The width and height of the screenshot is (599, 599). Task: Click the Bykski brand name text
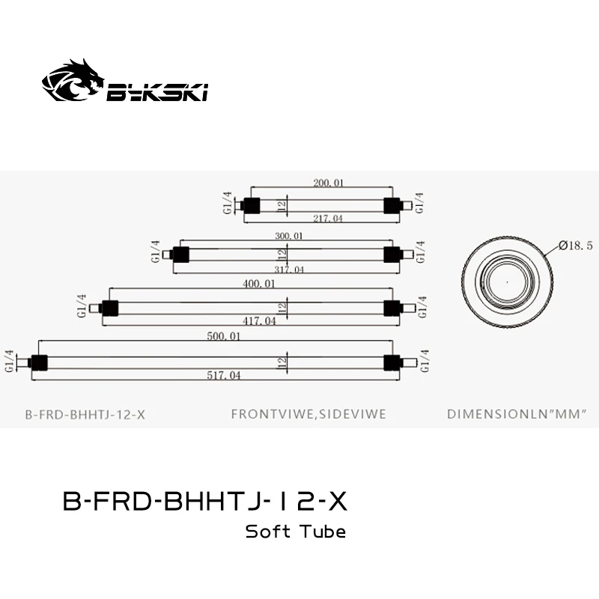(x=157, y=92)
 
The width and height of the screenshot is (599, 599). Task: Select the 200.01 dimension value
(x=328, y=183)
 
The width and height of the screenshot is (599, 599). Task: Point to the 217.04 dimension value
(x=327, y=219)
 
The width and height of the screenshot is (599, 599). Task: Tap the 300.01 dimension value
(x=288, y=236)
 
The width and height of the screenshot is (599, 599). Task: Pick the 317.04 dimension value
(x=288, y=270)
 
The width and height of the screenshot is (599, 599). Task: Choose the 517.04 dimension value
(x=224, y=375)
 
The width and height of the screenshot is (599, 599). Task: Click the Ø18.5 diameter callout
(x=574, y=246)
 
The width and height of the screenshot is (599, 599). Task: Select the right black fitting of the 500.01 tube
(x=391, y=362)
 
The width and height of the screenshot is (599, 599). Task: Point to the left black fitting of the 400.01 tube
(x=110, y=308)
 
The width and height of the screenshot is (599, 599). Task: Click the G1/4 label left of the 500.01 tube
(x=10, y=362)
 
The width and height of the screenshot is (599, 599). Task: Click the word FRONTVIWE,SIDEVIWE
(x=308, y=414)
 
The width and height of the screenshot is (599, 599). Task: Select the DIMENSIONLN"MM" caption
(x=515, y=414)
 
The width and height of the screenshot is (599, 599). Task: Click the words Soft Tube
(x=296, y=532)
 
